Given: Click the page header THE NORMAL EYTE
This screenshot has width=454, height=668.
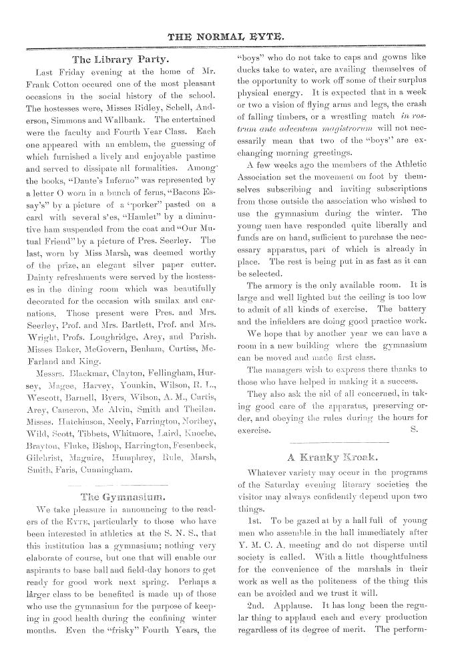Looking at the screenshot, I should click(227, 33).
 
